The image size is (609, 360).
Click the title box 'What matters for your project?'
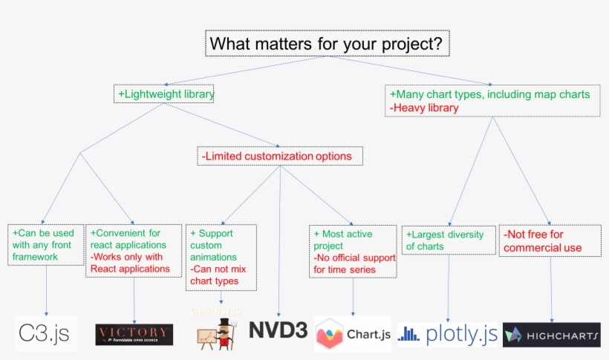[x=328, y=44]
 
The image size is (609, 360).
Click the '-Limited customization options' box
[x=279, y=156]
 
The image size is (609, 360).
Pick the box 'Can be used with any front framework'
[x=45, y=245]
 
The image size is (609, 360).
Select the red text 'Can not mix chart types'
[x=218, y=275]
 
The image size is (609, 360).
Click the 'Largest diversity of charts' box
[x=446, y=240]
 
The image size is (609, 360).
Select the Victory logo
[x=134, y=334]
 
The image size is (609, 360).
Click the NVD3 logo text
[x=279, y=330]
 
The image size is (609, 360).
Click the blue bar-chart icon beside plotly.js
[x=408, y=334]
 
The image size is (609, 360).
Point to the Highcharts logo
[x=551, y=335]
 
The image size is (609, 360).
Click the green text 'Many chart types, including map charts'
[x=489, y=95]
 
